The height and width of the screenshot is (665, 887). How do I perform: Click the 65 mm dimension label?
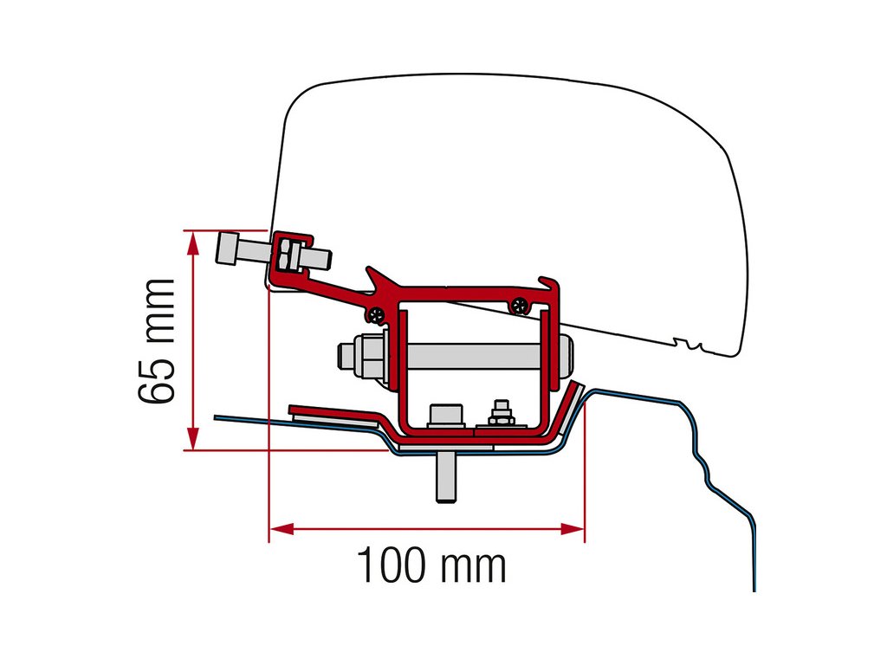point(156,340)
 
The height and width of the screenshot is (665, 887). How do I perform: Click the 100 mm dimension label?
point(431,566)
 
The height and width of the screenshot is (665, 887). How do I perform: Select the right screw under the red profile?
point(519,304)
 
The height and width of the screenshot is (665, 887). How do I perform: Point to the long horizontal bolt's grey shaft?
point(468,356)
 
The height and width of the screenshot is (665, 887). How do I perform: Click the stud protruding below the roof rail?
point(444,478)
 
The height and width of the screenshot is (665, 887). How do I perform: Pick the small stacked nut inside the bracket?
point(498,413)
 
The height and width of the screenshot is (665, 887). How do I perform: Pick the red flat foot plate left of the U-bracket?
point(333,412)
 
